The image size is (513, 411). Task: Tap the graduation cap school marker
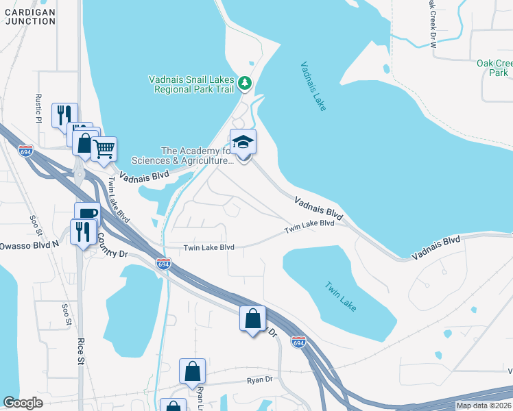(243, 142)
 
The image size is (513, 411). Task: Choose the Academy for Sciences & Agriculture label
(196, 155)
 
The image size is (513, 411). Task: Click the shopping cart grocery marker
(104, 148)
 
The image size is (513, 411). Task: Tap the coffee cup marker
(87, 214)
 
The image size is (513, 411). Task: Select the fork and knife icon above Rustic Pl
(64, 114)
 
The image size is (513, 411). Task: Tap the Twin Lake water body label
(340, 297)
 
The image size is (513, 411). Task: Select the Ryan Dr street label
(259, 379)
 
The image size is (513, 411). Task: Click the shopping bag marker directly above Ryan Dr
(193, 371)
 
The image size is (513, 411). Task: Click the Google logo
(23, 403)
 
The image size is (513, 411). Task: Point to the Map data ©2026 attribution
(484, 406)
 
